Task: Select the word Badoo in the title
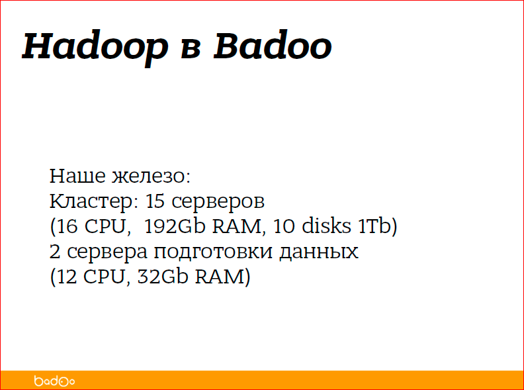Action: [272, 46]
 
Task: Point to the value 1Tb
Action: [374, 227]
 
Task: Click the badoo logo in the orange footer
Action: [54, 381]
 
